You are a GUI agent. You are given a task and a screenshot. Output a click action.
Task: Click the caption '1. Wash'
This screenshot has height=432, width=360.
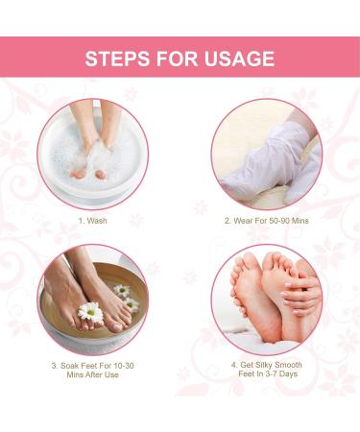(92, 220)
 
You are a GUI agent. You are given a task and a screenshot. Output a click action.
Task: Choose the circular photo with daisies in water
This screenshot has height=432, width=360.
(92, 299)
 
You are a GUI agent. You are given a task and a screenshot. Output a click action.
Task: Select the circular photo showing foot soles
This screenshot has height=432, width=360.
(266, 299)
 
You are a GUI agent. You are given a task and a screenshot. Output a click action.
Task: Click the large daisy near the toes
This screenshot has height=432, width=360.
(90, 312)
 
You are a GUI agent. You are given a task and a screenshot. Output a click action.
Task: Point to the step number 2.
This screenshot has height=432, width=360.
(227, 220)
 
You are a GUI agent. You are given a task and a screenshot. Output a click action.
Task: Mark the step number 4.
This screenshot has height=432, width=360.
(233, 366)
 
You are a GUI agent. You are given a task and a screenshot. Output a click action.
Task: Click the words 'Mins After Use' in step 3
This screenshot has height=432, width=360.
(92, 377)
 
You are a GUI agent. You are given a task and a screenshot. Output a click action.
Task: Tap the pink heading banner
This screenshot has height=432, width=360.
(180, 58)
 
